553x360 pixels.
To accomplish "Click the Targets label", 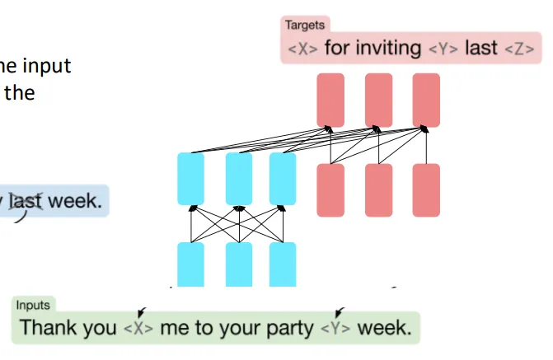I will pyautogui.click(x=305, y=26).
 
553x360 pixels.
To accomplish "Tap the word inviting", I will pyautogui.click(x=387, y=48).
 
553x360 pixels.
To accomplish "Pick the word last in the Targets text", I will pyautogui.click(x=481, y=48).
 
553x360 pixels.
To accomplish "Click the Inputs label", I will pyautogui.click(x=33, y=305).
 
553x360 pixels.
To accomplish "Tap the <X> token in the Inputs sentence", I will pyautogui.click(x=138, y=328).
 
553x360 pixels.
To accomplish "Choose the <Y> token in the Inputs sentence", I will pyautogui.click(x=335, y=328).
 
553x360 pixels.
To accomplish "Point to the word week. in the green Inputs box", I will pyautogui.click(x=383, y=327).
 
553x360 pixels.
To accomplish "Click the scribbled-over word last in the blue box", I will pyautogui.click(x=26, y=202).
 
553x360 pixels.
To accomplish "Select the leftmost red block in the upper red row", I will pyautogui.click(x=330, y=100).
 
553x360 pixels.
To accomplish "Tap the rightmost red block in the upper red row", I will pyautogui.click(x=426, y=100).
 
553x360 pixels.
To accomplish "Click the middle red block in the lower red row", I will pyautogui.click(x=378, y=190).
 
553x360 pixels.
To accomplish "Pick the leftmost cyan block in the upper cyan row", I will pyautogui.click(x=190, y=179).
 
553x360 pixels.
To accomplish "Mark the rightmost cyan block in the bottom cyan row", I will pyautogui.click(x=282, y=264).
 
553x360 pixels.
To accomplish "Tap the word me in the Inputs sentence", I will pyautogui.click(x=175, y=328).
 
